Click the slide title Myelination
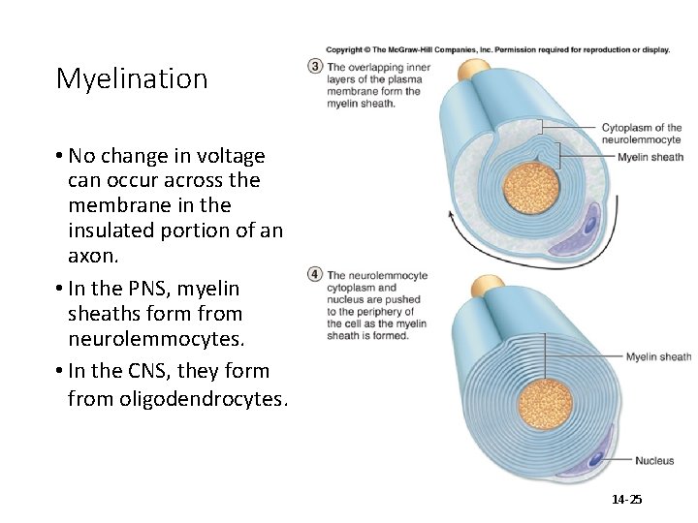click(132, 78)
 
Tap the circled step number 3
click(315, 67)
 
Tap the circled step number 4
click(315, 274)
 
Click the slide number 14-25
click(626, 500)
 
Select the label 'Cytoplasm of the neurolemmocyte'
click(641, 134)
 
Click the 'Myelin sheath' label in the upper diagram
click(650, 157)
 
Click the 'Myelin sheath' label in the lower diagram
click(658, 357)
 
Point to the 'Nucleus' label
click(654, 461)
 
